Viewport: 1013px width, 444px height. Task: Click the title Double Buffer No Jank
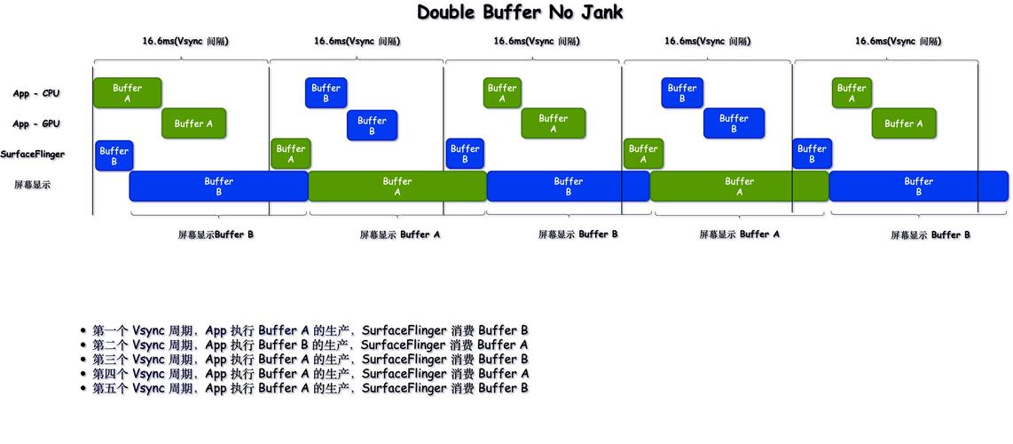click(x=520, y=12)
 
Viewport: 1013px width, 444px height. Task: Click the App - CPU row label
click(x=35, y=93)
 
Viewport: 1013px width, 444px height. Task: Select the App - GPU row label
click(x=35, y=124)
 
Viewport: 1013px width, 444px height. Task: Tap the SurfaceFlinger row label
click(x=32, y=155)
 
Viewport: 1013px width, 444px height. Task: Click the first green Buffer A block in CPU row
click(x=127, y=93)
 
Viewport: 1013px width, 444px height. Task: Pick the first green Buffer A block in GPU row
click(x=193, y=123)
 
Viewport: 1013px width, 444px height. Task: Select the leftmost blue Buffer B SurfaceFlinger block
click(x=114, y=156)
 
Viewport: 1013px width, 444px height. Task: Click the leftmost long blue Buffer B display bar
click(x=218, y=186)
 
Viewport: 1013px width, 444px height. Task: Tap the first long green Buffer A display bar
click(x=397, y=186)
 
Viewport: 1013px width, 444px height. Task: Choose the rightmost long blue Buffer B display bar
click(x=918, y=186)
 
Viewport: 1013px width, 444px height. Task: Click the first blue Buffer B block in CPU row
click(x=326, y=93)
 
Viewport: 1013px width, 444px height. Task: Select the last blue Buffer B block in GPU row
click(x=734, y=123)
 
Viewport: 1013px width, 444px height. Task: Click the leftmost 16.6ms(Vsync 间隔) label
click(x=185, y=41)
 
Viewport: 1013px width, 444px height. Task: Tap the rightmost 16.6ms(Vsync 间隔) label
click(x=898, y=41)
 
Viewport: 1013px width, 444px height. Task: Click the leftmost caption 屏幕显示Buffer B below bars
click(x=216, y=234)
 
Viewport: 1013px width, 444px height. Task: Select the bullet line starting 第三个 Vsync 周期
click(x=310, y=360)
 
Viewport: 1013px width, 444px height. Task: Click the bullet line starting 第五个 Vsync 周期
click(x=310, y=388)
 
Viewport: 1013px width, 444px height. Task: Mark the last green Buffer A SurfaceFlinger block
click(x=643, y=155)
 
